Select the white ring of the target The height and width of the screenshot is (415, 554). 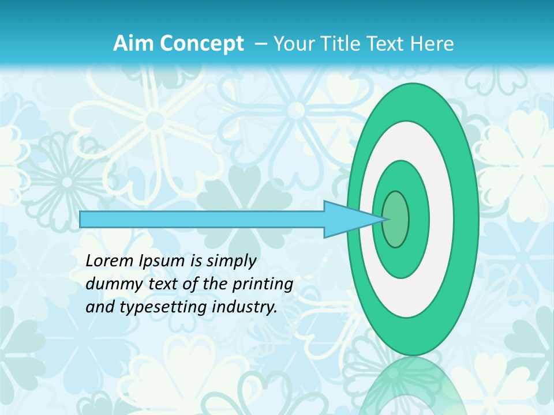coord(441,219)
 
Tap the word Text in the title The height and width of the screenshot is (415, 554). coord(387,44)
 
